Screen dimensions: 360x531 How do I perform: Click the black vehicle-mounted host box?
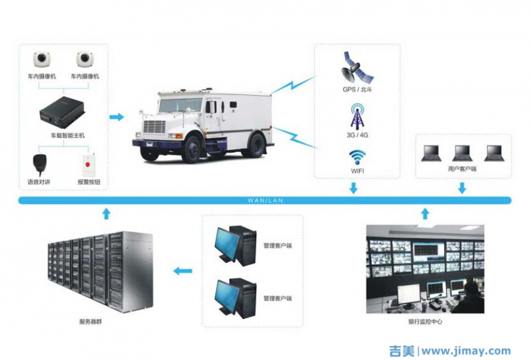(63, 112)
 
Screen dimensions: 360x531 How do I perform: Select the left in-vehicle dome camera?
(42, 59)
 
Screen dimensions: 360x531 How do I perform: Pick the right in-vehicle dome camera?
(84, 59)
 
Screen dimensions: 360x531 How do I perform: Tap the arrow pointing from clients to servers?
(183, 270)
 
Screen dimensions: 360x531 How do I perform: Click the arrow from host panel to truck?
(116, 118)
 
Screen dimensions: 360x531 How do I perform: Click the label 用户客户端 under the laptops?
(462, 169)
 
